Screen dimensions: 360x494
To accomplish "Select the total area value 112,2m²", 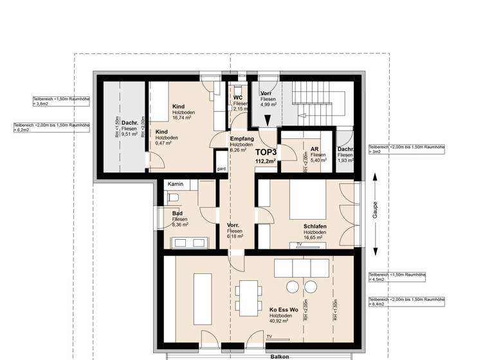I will [265, 161].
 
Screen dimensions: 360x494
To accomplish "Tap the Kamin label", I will [175, 184].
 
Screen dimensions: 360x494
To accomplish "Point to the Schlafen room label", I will [316, 226].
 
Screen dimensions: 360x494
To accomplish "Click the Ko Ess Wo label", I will [284, 310].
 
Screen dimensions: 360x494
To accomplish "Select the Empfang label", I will [242, 139].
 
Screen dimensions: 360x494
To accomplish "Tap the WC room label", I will [237, 98].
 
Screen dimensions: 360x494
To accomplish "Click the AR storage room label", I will [315, 148].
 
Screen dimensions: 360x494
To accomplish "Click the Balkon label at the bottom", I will [279, 356].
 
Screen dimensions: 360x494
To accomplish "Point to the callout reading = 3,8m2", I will [42, 104].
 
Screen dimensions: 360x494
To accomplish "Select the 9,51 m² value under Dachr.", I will [130, 134].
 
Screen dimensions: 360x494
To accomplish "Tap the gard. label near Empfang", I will [221, 169].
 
